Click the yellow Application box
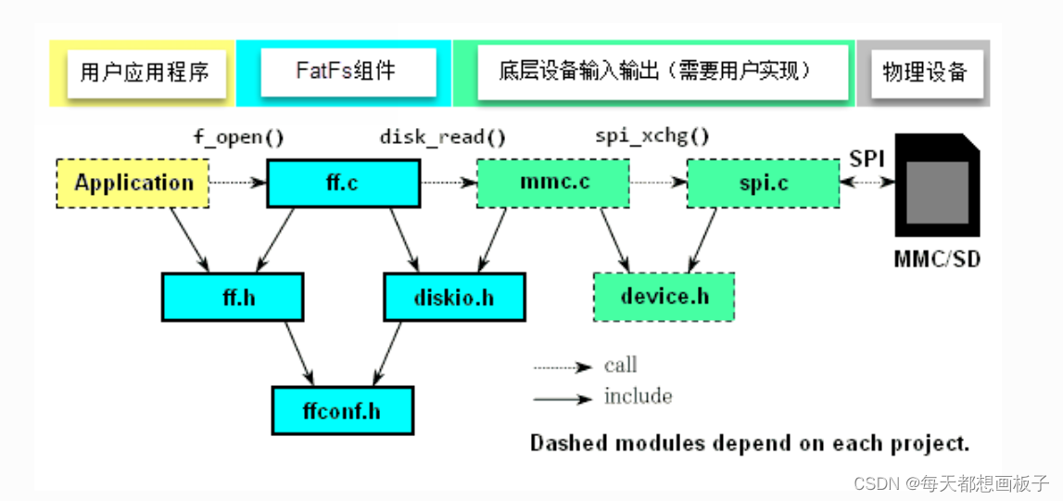[x=133, y=183]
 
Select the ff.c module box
[x=343, y=183]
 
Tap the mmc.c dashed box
[x=552, y=183]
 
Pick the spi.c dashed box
[x=763, y=183]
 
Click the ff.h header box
[x=233, y=297]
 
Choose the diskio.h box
[x=454, y=297]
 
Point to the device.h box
[x=664, y=297]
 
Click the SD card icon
[x=936, y=186]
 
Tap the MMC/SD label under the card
[x=936, y=259]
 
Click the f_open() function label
[x=237, y=138]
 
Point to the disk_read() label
[x=443, y=138]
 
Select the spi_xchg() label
[x=652, y=138]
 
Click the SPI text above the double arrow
[x=867, y=159]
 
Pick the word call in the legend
[x=621, y=366]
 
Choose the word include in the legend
[x=638, y=396]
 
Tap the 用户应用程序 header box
[x=146, y=72]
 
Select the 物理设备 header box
[x=924, y=71]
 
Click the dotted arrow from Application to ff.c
[x=238, y=183]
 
